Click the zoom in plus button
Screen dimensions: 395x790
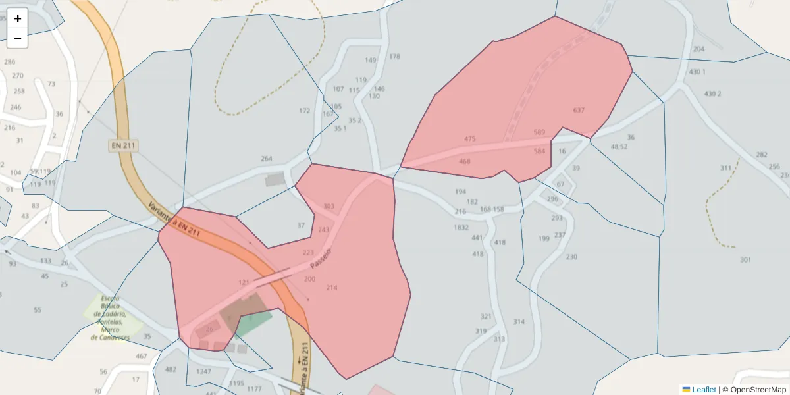click(18, 18)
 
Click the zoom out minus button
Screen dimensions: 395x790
click(18, 38)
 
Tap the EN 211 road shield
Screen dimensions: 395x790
click(124, 145)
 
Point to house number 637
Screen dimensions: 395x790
click(579, 110)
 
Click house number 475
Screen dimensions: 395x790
click(469, 139)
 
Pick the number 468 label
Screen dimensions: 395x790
click(465, 161)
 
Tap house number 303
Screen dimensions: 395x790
click(329, 207)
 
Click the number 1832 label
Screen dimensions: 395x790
click(461, 228)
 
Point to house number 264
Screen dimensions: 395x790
click(267, 159)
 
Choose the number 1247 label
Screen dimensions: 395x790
click(203, 372)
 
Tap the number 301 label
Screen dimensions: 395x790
click(745, 260)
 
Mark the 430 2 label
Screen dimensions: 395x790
click(712, 94)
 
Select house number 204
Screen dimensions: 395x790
click(698, 49)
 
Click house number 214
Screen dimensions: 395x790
click(331, 288)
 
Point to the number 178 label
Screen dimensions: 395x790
click(394, 57)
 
